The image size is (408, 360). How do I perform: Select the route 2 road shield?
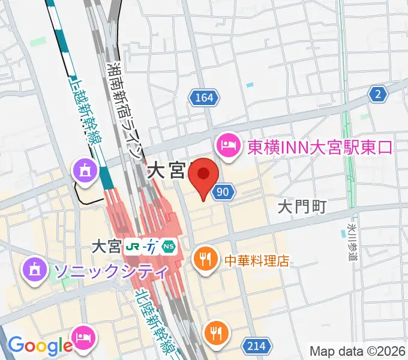click(x=377, y=94)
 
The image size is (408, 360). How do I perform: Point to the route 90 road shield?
click(x=223, y=191)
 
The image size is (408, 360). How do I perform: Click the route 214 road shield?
click(x=254, y=345)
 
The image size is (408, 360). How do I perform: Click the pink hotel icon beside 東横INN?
click(x=228, y=145)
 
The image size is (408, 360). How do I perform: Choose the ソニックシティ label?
click(x=111, y=271)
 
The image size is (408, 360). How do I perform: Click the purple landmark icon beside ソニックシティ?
click(x=35, y=270)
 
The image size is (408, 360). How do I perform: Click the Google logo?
click(x=40, y=345)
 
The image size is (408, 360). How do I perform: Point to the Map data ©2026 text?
click(x=358, y=351)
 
